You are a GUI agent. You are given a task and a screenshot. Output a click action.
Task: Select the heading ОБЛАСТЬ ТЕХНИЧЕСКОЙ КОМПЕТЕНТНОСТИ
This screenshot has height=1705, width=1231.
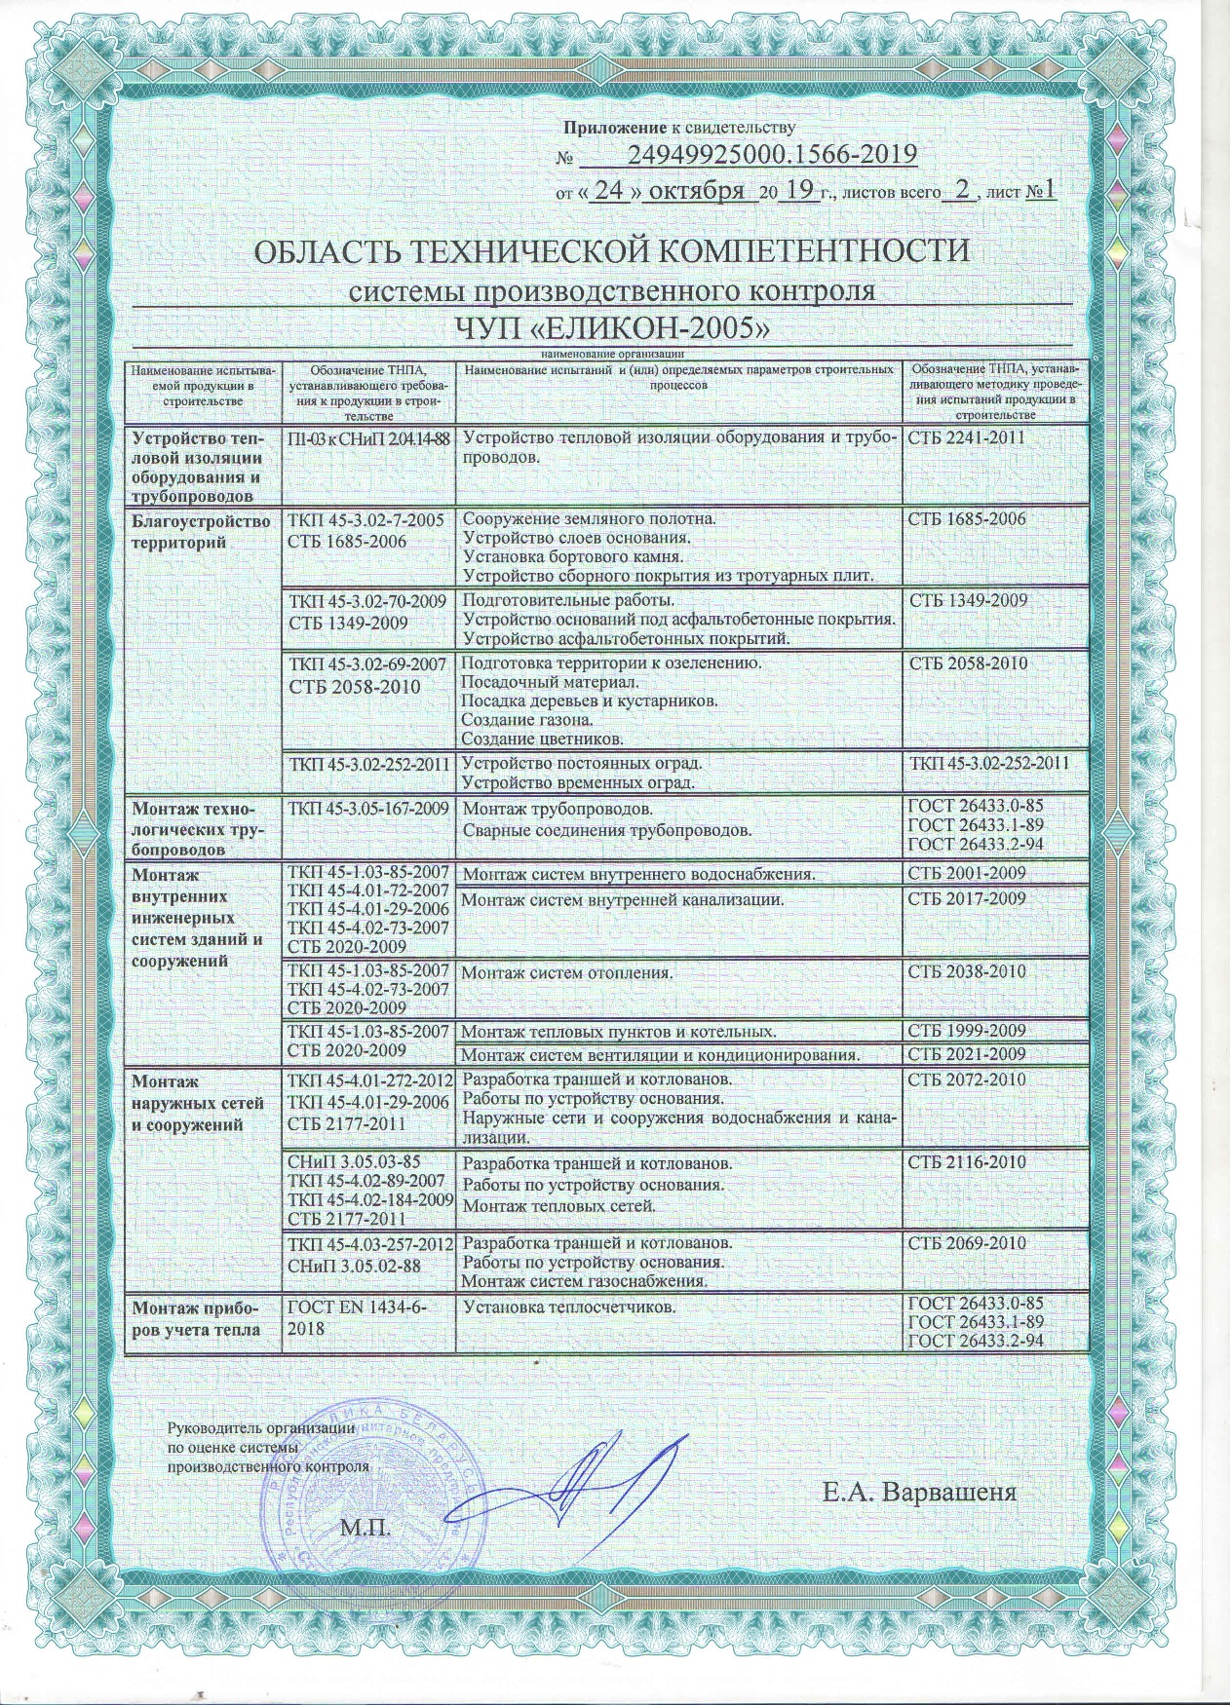[612, 251]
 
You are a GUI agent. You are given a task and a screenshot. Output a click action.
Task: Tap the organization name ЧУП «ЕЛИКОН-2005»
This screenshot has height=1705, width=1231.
[613, 328]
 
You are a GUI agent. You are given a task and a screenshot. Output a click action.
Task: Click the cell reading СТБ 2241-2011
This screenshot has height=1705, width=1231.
[966, 437]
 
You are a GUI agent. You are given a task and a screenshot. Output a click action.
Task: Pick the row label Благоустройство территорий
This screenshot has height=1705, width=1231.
[201, 531]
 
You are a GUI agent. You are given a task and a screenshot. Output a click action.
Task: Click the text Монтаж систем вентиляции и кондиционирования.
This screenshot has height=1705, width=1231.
[660, 1054]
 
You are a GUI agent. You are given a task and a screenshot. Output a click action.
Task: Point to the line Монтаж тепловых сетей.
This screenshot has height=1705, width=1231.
[558, 1206]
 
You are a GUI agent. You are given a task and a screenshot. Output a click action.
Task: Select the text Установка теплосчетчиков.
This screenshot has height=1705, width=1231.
[569, 1307]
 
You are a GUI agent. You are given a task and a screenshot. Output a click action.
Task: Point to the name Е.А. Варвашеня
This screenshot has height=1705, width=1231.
[919, 1493]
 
